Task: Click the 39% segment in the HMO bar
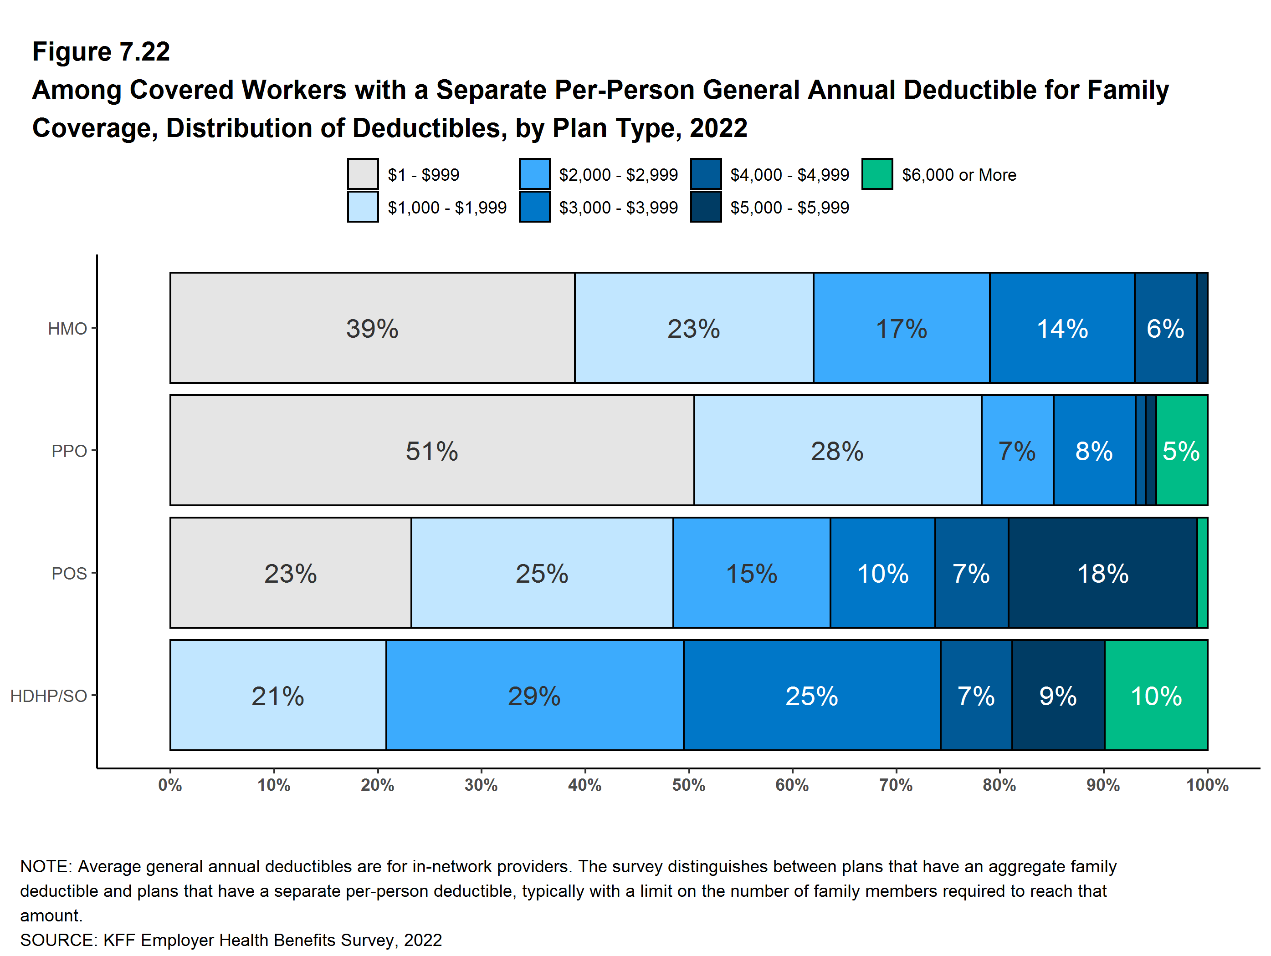(372, 328)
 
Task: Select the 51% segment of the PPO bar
(432, 450)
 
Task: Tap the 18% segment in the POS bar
(1102, 573)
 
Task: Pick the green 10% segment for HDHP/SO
(1156, 695)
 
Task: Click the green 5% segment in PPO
(1181, 450)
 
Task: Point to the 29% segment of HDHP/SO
(534, 695)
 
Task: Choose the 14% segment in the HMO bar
(1062, 328)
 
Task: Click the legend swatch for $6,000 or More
(877, 174)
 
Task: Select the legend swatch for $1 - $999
(363, 174)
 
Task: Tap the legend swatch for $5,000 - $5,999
(706, 207)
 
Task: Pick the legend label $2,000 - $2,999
(618, 174)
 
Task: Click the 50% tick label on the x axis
(688, 785)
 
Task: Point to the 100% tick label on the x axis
(1207, 785)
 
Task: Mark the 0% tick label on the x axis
(170, 785)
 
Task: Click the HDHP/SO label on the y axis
(49, 696)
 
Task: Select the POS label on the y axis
(69, 574)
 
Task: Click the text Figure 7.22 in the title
(101, 52)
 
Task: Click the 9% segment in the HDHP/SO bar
(1058, 695)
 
